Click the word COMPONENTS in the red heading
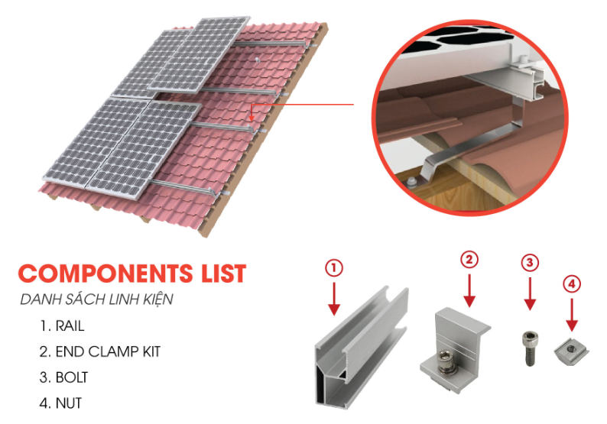point(105,273)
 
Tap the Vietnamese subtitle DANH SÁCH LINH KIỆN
point(96,299)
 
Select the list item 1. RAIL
point(62,325)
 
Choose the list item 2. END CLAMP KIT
point(100,351)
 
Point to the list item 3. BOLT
point(64,377)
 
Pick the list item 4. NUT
point(61,403)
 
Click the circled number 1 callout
point(334,267)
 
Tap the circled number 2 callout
point(469,260)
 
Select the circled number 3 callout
point(530,263)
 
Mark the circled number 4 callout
point(572,284)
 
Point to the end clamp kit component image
point(454,349)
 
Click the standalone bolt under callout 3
point(530,348)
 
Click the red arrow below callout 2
point(469,291)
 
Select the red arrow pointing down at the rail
point(334,299)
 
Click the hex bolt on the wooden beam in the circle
point(411,181)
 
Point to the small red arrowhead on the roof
point(252,118)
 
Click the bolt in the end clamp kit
point(445,362)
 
